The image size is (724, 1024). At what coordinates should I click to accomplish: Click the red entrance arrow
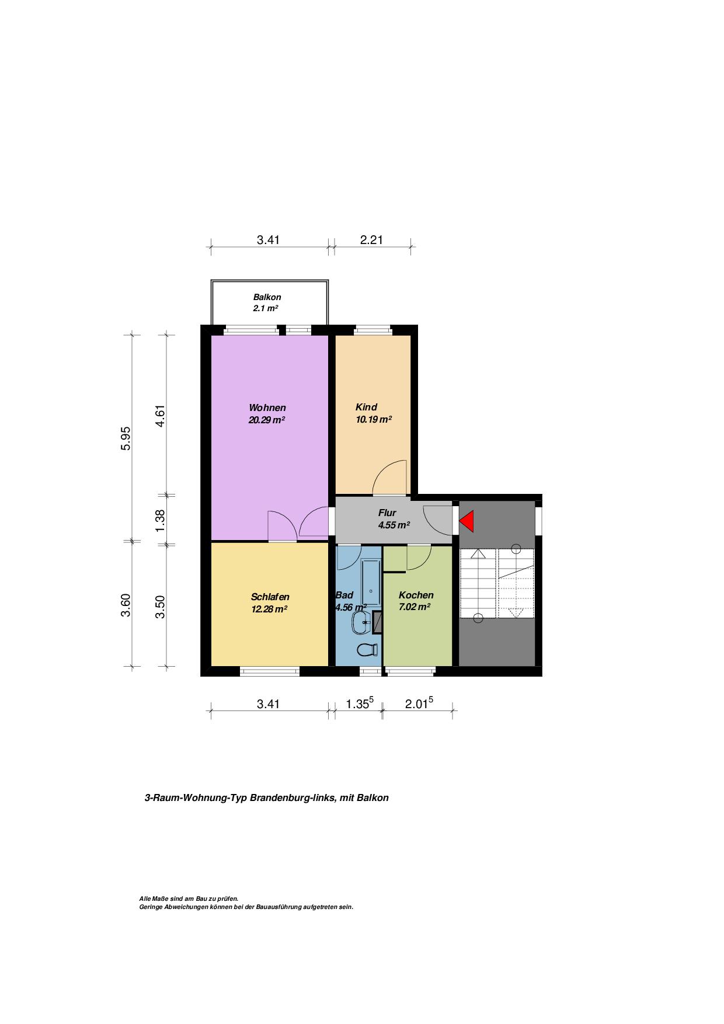(x=467, y=521)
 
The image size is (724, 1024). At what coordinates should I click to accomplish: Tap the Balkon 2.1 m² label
(x=267, y=302)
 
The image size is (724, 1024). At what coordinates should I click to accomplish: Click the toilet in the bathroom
(x=367, y=649)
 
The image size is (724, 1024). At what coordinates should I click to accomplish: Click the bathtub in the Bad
(x=370, y=580)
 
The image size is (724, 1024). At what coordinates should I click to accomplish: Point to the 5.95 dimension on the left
(x=126, y=438)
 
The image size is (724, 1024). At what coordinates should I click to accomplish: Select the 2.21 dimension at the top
(x=371, y=239)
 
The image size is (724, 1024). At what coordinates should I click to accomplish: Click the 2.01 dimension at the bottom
(x=419, y=703)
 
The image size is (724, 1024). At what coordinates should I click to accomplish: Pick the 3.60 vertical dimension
(x=126, y=604)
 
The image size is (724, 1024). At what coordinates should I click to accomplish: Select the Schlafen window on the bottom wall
(x=270, y=671)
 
